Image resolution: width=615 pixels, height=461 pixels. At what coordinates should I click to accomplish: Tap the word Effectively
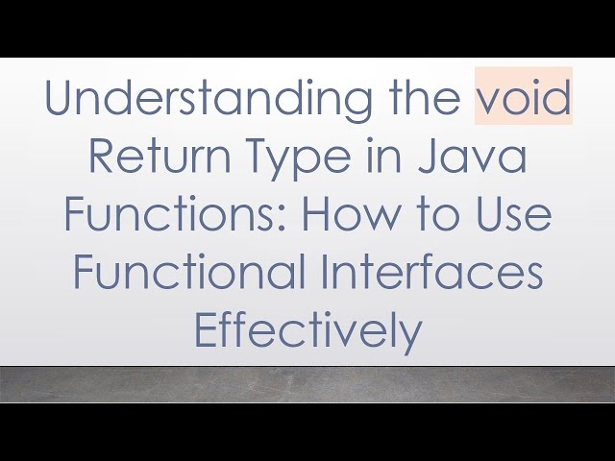point(307,332)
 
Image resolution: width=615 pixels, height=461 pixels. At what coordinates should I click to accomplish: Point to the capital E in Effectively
point(204,331)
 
